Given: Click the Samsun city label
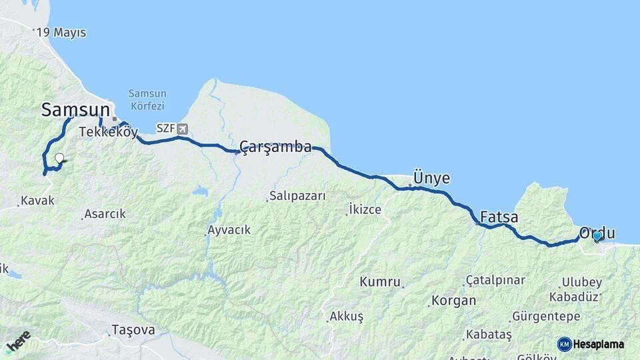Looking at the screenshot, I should pyautogui.click(x=75, y=110).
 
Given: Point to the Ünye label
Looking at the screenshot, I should pyautogui.click(x=431, y=178).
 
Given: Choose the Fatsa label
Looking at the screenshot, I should pyautogui.click(x=499, y=217).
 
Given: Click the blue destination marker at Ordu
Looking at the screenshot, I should pyautogui.click(x=597, y=235).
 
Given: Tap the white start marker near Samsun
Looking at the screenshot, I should pyautogui.click(x=59, y=159).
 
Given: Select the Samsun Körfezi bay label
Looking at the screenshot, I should pyautogui.click(x=147, y=99).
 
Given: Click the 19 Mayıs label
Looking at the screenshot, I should pyautogui.click(x=62, y=33).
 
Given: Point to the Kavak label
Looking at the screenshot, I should pyautogui.click(x=37, y=200).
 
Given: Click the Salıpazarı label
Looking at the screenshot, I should pyautogui.click(x=298, y=197).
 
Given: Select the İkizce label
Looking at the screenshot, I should pyautogui.click(x=365, y=210).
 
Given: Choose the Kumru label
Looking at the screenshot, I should pyautogui.click(x=380, y=282).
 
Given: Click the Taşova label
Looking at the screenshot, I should pyautogui.click(x=133, y=330).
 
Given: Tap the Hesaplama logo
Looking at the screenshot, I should pyautogui.click(x=591, y=344).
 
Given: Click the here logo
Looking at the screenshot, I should pyautogui.click(x=18, y=341).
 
